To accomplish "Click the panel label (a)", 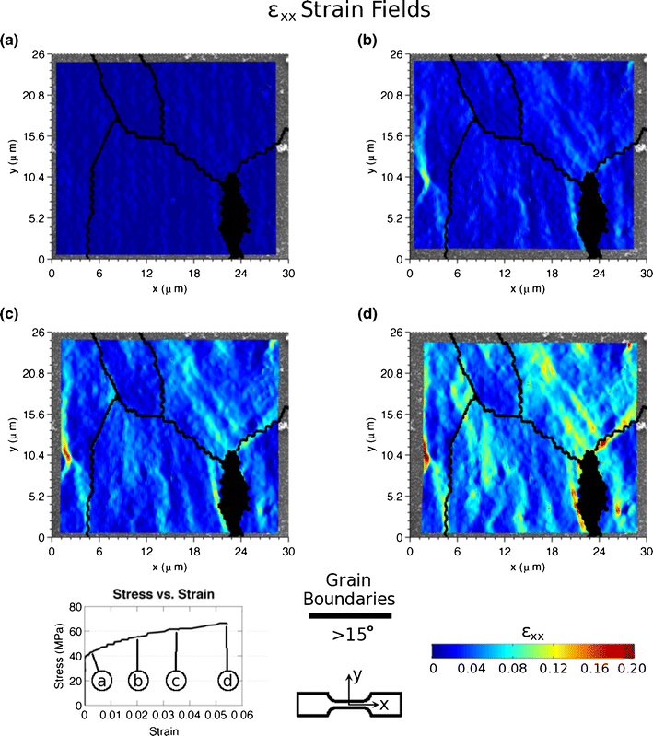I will point(9,41).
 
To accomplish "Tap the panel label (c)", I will point(9,317).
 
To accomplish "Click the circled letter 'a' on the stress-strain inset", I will point(103,681).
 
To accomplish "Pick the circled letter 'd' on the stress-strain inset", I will point(227,681).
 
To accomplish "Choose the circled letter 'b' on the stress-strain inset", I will point(137,681).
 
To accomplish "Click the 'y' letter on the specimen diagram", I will point(356,675).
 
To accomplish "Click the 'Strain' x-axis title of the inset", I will point(161,730).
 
